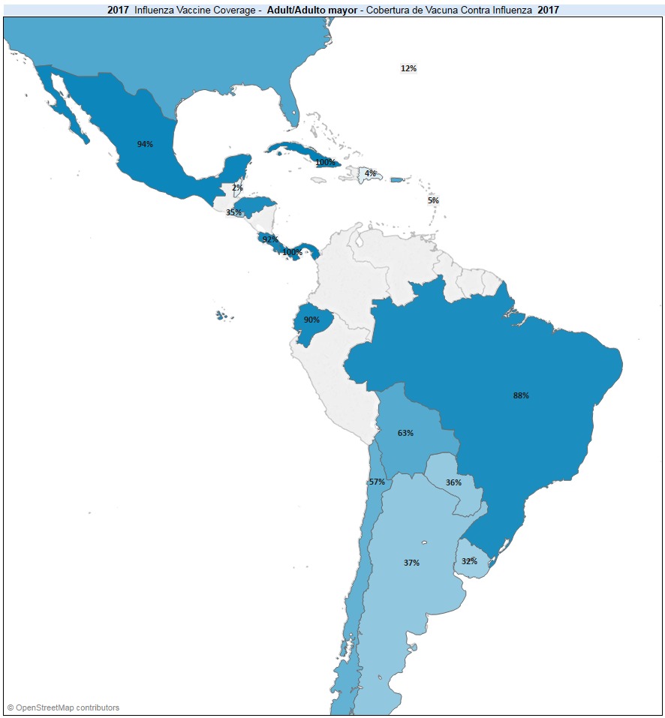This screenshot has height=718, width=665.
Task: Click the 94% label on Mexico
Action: point(145,144)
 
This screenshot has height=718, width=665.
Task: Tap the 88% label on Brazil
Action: point(521,395)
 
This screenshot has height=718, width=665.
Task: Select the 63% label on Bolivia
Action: point(405,433)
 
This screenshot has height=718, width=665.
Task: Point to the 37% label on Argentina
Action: point(411,563)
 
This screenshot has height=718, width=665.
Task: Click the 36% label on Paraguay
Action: point(453,482)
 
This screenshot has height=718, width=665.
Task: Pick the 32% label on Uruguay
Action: point(469,561)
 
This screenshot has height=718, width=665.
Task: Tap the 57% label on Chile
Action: point(377,482)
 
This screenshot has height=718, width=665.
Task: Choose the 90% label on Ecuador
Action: point(311,320)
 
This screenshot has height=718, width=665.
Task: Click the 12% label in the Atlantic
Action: point(408,68)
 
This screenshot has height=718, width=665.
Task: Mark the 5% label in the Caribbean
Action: point(433,200)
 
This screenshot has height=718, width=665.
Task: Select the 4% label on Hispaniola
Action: point(370,173)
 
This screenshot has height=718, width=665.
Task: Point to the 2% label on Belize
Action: point(237,188)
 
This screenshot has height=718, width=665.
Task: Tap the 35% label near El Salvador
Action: point(234,212)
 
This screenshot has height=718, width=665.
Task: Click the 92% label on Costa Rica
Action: point(270,240)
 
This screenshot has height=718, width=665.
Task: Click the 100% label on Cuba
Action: point(325,162)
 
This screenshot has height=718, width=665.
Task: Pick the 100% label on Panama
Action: point(292,252)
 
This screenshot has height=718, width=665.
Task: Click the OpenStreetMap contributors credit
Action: point(64,707)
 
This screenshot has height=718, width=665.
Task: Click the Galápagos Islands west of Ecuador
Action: point(221,315)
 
